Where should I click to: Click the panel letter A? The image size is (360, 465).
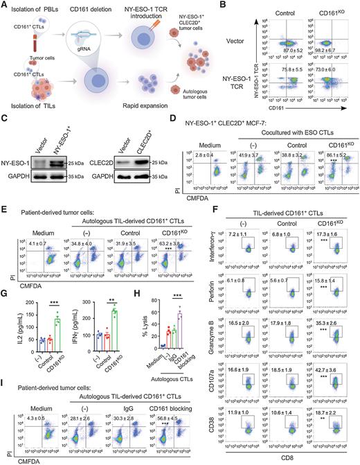[x=5, y=5]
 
